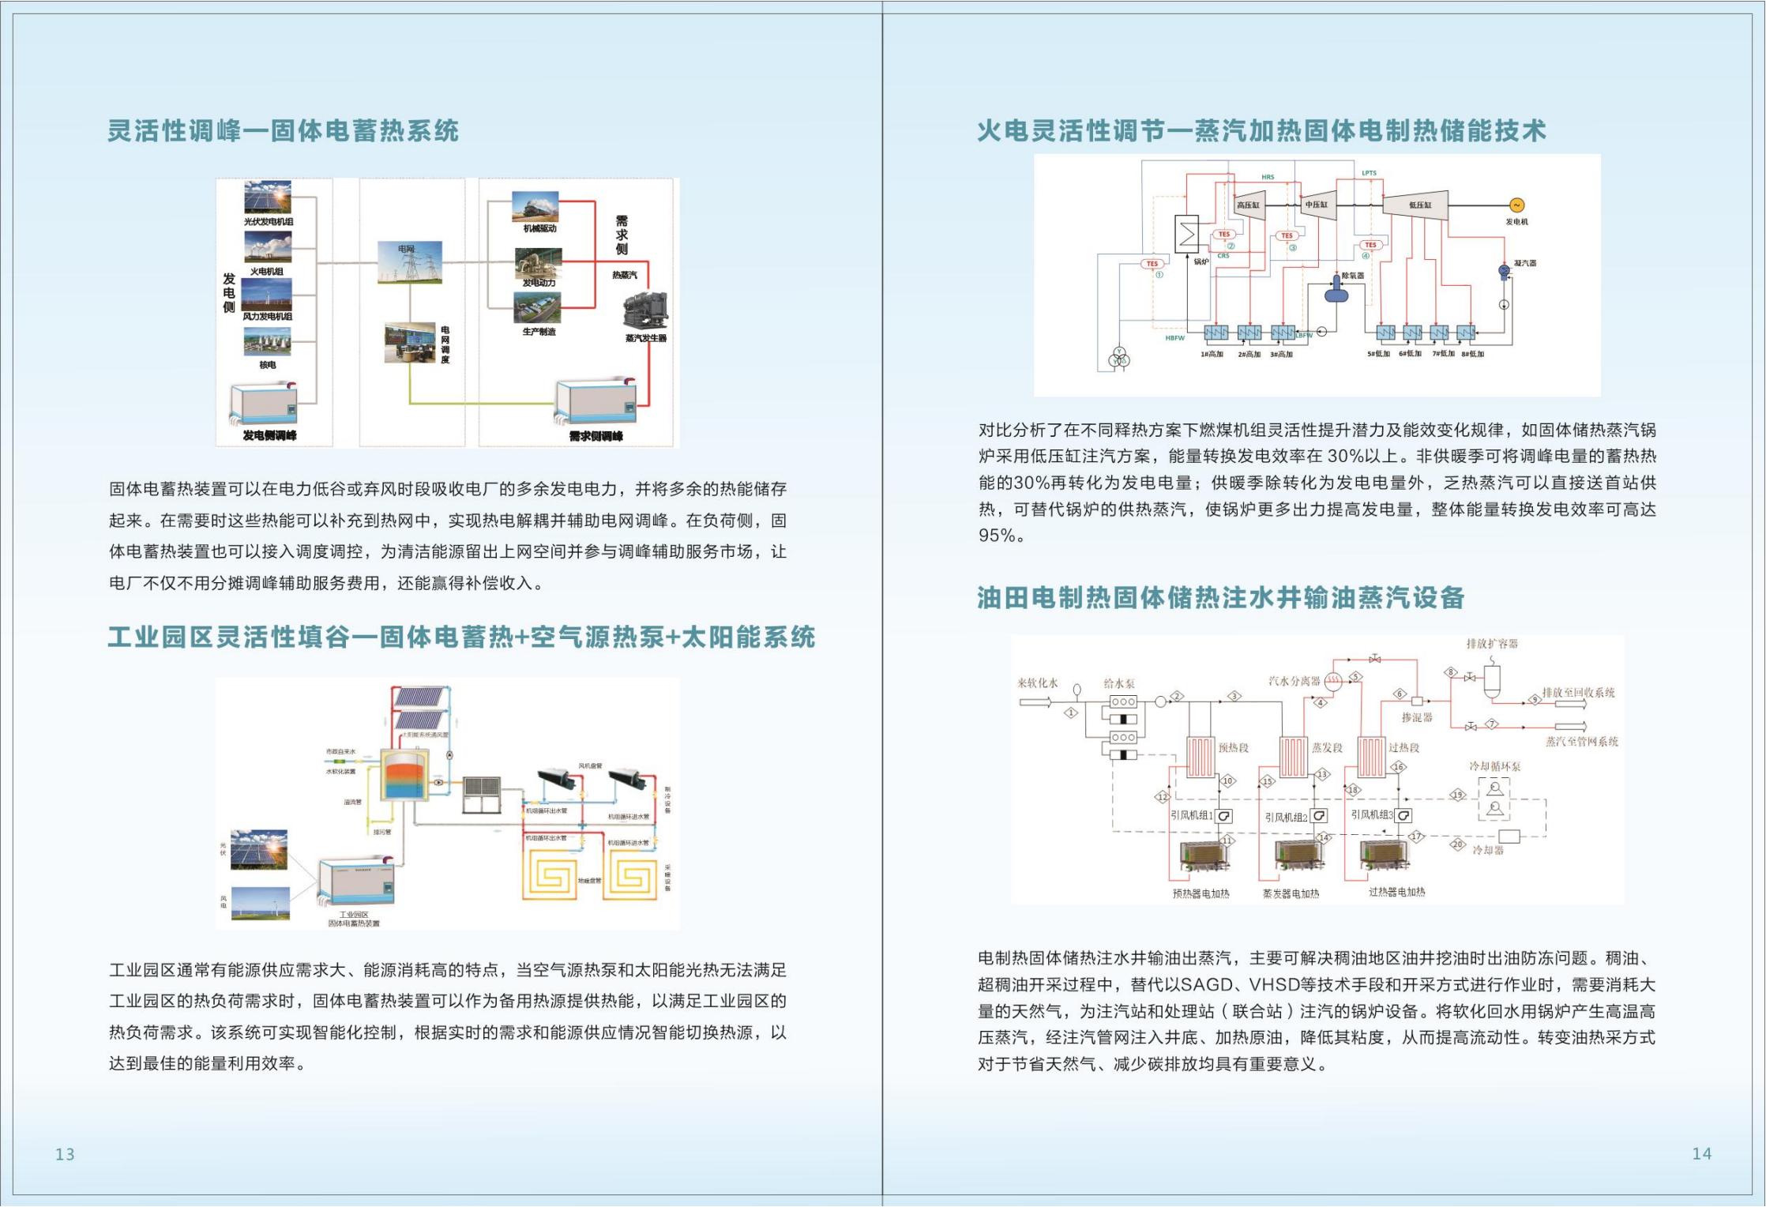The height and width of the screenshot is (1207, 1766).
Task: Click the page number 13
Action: coord(65,1154)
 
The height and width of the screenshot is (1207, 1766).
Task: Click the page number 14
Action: coord(1701,1153)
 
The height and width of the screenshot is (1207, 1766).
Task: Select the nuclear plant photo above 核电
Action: coord(267,341)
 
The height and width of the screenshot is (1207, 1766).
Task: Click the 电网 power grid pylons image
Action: coord(410,263)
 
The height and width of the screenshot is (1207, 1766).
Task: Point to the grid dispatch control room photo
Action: coord(410,343)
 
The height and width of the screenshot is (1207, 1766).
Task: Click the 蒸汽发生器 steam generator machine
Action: coord(645,311)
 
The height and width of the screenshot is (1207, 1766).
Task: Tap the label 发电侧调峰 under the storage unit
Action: coord(269,435)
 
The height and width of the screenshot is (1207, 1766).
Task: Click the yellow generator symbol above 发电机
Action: coord(1516,205)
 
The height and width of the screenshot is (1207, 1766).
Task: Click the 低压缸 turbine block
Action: coord(1418,205)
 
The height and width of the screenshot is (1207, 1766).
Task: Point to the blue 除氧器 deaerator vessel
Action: coord(1336,291)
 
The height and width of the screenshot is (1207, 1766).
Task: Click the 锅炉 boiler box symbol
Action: coord(1186,234)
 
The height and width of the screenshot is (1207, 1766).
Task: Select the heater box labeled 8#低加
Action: coord(1467,333)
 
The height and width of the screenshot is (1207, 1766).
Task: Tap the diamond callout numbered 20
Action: coord(1458,844)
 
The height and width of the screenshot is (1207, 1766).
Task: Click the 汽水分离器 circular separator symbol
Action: coord(1333,682)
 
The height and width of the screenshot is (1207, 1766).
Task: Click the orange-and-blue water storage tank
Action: coord(404,775)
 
